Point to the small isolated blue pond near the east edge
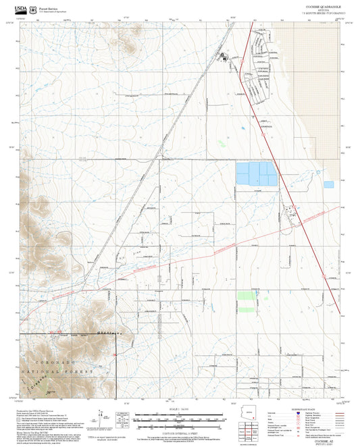328,184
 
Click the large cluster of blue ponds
256,174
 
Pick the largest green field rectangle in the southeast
246,296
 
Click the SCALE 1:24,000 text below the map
180,409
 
